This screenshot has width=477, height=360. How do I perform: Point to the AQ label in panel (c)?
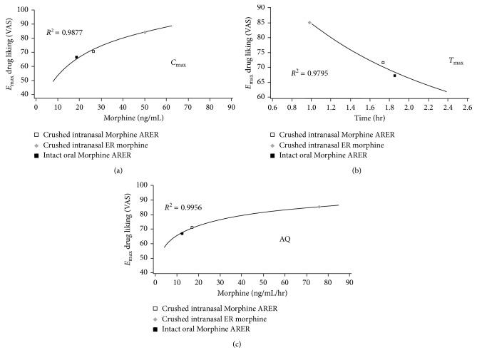click(x=284, y=239)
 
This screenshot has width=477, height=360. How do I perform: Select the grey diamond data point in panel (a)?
click(x=145, y=32)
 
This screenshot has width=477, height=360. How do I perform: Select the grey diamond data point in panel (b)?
click(x=309, y=22)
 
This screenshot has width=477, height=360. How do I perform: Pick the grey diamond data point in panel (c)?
click(x=319, y=207)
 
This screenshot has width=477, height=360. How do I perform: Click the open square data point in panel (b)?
click(x=383, y=63)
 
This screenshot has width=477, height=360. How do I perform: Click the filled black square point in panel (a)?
click(x=76, y=57)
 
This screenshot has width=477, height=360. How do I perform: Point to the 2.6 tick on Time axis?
click(x=467, y=108)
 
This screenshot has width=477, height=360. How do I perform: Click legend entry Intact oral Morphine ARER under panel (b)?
click(x=324, y=155)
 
